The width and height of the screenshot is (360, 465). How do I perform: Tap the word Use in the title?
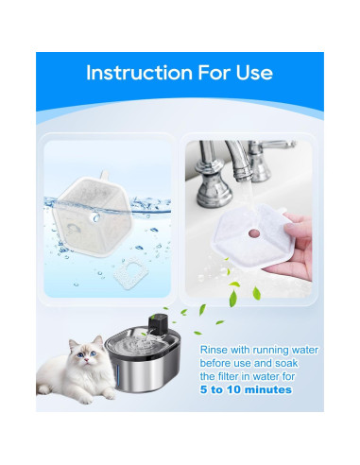[253, 74]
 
